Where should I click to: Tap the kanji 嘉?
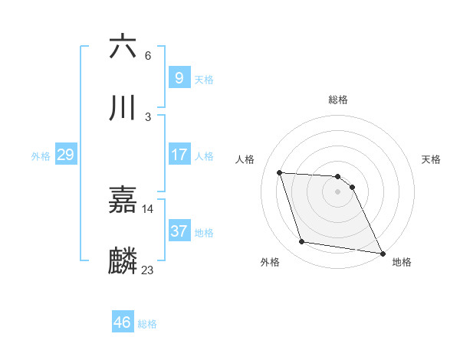pos(123,201)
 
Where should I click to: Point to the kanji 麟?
pos(123,261)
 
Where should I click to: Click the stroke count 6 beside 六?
pos(148,56)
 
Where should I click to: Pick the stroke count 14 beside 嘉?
pos(148,209)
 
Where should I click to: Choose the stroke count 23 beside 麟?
pos(148,270)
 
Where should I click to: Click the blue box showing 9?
pos(179,77)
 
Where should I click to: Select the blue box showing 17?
pos(179,155)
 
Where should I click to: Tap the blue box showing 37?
pos(179,231)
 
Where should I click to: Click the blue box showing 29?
pos(65,155)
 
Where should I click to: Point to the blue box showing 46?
pos(123,322)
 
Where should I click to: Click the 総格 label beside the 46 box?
pos(147,324)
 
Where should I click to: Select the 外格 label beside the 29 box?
pos(41,156)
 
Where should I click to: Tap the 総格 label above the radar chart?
pos(338,100)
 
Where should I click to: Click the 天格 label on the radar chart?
pos(432,159)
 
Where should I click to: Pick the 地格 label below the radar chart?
pos(402,263)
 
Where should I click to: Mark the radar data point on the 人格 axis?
pos(280,172)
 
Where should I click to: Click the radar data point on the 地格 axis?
pos(382,253)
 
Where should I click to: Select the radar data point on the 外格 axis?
pos(302,242)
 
